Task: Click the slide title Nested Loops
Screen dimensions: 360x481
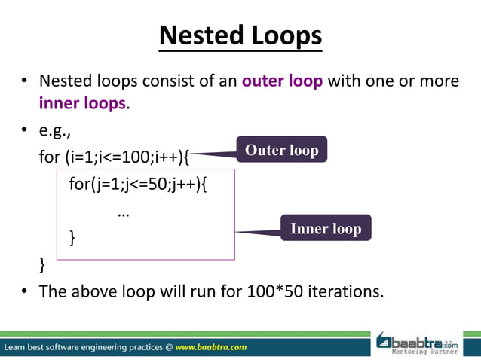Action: (240, 35)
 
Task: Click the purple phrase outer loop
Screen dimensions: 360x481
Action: (283, 81)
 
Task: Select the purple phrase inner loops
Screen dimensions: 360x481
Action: (83, 103)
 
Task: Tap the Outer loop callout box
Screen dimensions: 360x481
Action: (281, 150)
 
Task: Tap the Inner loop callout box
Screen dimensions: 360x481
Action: (326, 228)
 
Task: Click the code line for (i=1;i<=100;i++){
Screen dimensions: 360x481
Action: (114, 159)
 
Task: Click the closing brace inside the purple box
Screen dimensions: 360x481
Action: (72, 238)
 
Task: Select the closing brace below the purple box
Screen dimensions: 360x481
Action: (42, 264)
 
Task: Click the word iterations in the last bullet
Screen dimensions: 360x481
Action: (346, 291)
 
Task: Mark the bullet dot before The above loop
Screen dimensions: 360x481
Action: (25, 291)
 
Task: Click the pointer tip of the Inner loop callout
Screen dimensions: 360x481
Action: (237, 232)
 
